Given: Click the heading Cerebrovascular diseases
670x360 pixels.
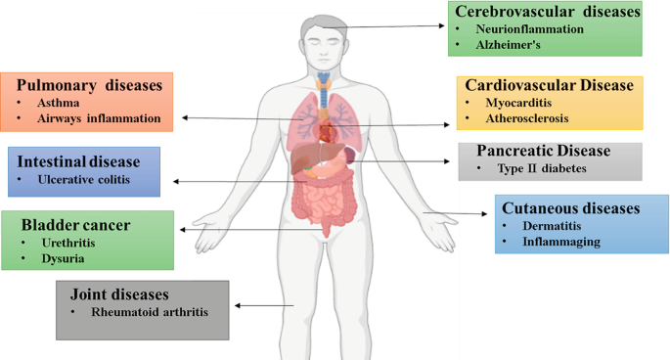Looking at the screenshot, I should (546, 12).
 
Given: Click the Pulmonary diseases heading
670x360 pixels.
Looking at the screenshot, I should (89, 85).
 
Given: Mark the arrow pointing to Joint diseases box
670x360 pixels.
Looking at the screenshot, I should (257, 306).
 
